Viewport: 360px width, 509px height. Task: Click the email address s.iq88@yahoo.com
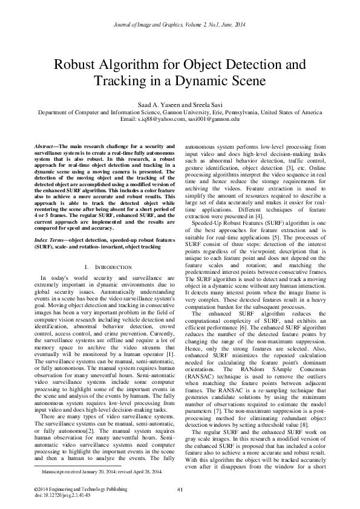click(x=160, y=120)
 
